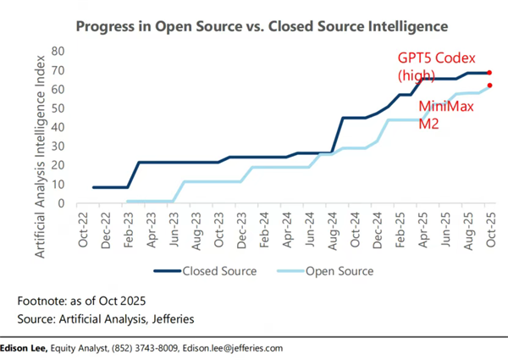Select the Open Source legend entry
329,271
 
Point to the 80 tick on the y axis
58,51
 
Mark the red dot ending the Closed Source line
489,73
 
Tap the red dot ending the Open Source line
489,86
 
